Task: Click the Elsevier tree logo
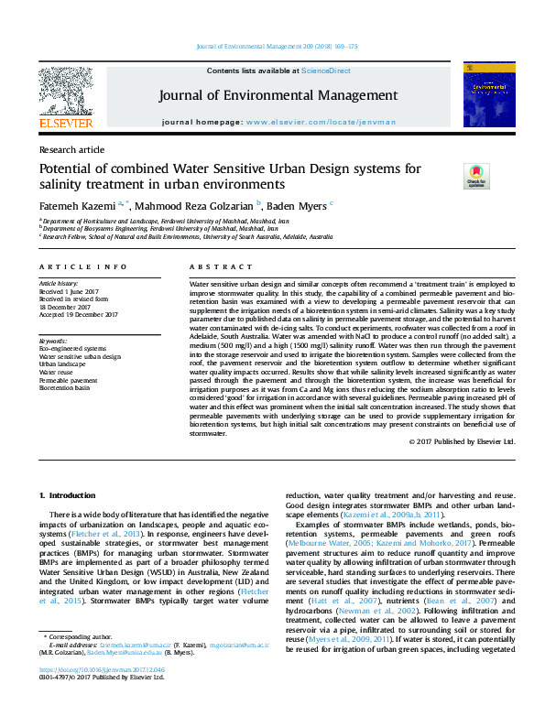coord(65,91)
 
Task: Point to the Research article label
coord(71,149)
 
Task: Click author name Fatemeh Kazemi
coord(78,204)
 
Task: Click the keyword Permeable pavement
coord(68,380)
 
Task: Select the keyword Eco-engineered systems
coord(72,349)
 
